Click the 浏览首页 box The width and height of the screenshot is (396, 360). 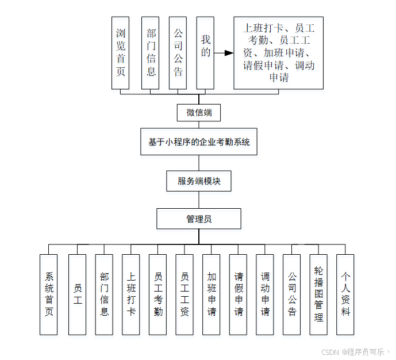point(121,52)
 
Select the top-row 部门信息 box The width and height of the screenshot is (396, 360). point(151,52)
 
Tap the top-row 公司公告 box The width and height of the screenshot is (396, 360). point(178,52)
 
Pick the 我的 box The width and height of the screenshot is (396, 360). point(206,52)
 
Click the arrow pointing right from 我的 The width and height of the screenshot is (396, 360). point(224,53)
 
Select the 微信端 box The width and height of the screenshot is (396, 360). point(199,112)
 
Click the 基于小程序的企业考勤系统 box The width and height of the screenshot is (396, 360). point(199,142)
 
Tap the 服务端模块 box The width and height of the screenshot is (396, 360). point(199,181)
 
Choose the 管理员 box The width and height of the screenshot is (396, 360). point(199,219)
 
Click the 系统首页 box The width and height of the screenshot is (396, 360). point(49,294)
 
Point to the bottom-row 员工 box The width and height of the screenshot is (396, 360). point(77,294)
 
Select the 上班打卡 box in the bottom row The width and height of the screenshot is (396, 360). point(131,294)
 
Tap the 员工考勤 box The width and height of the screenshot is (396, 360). point(158,294)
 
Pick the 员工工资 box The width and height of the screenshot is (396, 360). point(184,294)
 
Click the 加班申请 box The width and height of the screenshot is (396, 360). point(212,294)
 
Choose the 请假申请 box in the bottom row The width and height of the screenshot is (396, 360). point(239,294)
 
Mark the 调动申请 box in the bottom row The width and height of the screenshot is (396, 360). point(265,294)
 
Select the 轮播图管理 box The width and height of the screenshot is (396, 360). point(318,294)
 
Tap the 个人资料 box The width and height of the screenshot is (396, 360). point(345,294)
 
